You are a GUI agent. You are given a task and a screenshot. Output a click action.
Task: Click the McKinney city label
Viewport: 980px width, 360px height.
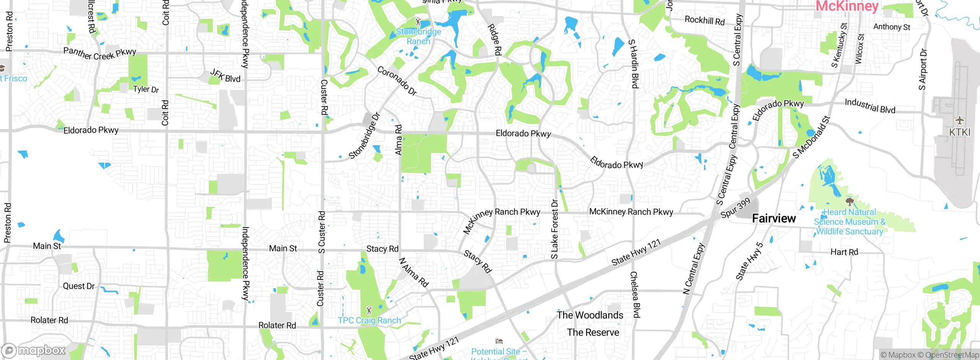coord(847,6)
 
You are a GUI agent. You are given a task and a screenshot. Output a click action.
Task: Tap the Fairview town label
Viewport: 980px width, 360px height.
coord(774,219)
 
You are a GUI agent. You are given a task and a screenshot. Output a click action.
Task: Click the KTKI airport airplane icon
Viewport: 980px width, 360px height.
coord(959,121)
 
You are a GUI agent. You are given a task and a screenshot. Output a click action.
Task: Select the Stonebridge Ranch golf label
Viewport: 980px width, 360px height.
coord(418,36)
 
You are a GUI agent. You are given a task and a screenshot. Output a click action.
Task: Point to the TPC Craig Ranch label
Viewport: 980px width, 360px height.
coord(369,320)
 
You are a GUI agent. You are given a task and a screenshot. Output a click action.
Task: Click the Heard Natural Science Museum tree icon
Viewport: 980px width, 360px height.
coord(849,202)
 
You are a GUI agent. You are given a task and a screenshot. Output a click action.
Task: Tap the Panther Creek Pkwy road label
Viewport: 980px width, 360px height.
coord(100,54)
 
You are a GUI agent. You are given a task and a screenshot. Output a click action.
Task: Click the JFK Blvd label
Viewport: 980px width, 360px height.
coord(225,76)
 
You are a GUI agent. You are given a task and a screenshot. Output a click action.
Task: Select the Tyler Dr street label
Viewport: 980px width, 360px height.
coord(146,89)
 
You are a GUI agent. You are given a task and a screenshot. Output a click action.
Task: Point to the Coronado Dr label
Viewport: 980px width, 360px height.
coord(397,81)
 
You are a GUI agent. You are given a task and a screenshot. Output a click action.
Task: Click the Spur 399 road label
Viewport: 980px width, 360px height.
coord(735,209)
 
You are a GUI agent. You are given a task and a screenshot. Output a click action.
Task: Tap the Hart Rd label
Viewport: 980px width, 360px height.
coord(844,252)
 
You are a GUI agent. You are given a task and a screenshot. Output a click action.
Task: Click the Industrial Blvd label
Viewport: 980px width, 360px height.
coord(870,106)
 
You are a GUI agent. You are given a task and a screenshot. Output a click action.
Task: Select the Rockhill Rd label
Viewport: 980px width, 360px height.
coord(704,20)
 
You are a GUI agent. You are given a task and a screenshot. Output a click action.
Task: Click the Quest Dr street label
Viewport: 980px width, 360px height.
coord(78,286)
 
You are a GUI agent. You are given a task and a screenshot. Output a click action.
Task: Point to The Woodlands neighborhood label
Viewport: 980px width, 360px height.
coord(590,315)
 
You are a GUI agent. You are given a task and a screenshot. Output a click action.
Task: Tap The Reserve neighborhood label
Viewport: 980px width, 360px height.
coord(593,332)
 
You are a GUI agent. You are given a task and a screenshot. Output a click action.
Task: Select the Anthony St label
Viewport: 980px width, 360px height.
coord(892,27)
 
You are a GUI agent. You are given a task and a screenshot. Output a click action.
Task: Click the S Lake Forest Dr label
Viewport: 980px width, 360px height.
coord(554,229)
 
